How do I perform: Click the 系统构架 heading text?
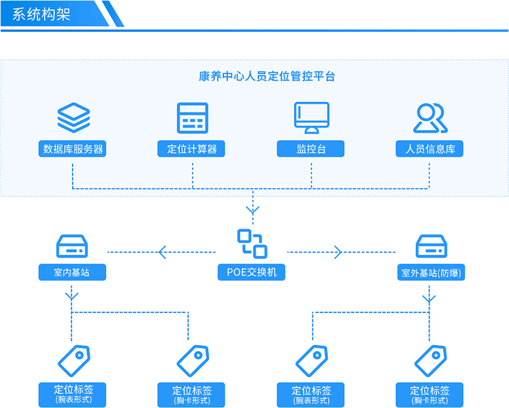click(x=41, y=14)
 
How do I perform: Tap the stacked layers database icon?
click(x=73, y=117)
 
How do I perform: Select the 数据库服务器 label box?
click(x=73, y=149)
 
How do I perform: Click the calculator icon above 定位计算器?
click(x=192, y=118)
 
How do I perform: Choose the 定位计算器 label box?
click(x=192, y=149)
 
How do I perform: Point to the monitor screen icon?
click(x=312, y=117)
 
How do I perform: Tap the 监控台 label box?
click(x=311, y=149)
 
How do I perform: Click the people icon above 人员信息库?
click(x=430, y=118)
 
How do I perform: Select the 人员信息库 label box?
click(x=430, y=149)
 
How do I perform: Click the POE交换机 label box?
click(x=252, y=272)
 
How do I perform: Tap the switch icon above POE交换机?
click(x=252, y=244)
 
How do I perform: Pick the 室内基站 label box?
click(x=71, y=272)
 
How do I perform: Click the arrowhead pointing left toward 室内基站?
click(x=162, y=253)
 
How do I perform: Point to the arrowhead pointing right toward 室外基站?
click(x=338, y=253)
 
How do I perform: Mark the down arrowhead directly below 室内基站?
click(x=72, y=296)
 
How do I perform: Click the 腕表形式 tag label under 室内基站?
click(x=73, y=394)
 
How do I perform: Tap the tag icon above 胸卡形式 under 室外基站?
click(x=431, y=360)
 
